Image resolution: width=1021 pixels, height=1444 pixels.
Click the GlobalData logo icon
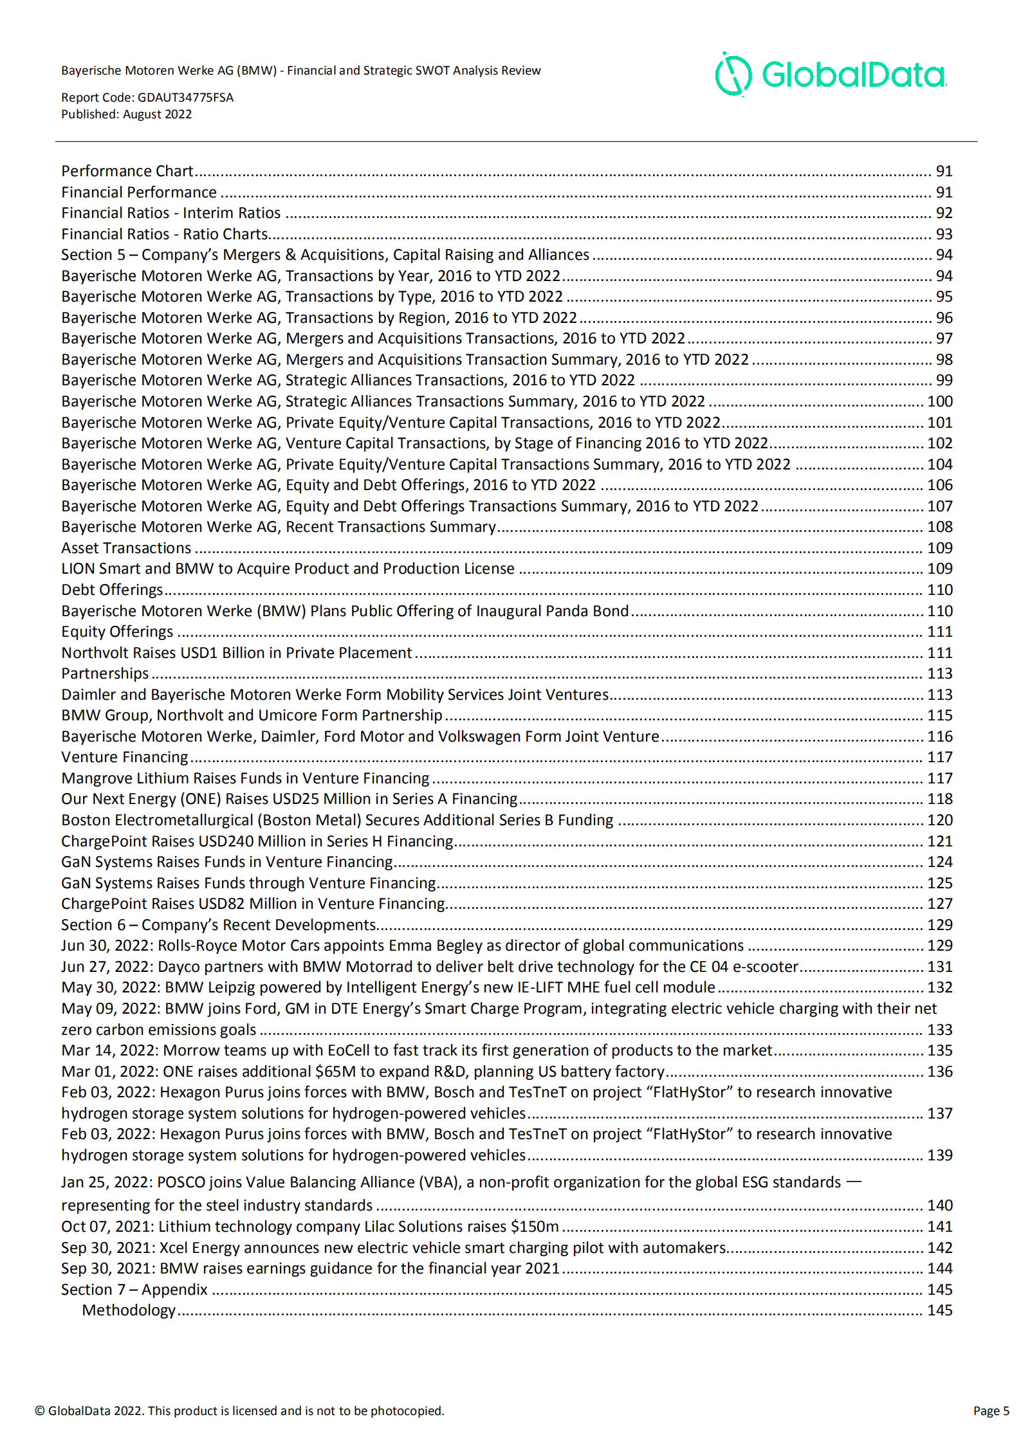point(733,75)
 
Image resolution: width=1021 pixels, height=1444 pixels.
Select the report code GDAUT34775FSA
point(185,98)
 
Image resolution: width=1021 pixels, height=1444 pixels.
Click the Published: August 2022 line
point(126,114)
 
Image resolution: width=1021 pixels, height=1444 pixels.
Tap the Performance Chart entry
point(127,171)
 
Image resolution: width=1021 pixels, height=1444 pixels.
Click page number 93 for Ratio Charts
point(943,234)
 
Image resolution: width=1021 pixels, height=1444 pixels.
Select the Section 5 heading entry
point(325,255)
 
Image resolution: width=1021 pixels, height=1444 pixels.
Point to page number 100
point(939,401)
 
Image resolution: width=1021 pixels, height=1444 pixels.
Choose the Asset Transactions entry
point(126,548)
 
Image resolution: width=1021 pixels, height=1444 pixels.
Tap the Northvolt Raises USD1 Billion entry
point(237,653)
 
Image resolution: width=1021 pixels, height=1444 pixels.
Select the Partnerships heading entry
point(105,673)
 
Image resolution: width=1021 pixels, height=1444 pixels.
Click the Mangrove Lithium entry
point(245,778)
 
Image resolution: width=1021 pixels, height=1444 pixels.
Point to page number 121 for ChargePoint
point(939,841)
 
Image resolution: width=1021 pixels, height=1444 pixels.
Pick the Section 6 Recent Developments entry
point(218,925)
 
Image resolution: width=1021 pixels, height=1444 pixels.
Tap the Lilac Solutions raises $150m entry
point(310,1227)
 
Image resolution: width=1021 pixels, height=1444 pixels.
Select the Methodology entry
point(129,1310)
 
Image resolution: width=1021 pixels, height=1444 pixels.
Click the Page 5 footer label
point(991,1411)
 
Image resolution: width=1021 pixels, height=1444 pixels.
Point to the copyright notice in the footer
point(239,1411)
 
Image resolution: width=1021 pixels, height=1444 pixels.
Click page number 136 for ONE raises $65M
point(939,1072)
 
